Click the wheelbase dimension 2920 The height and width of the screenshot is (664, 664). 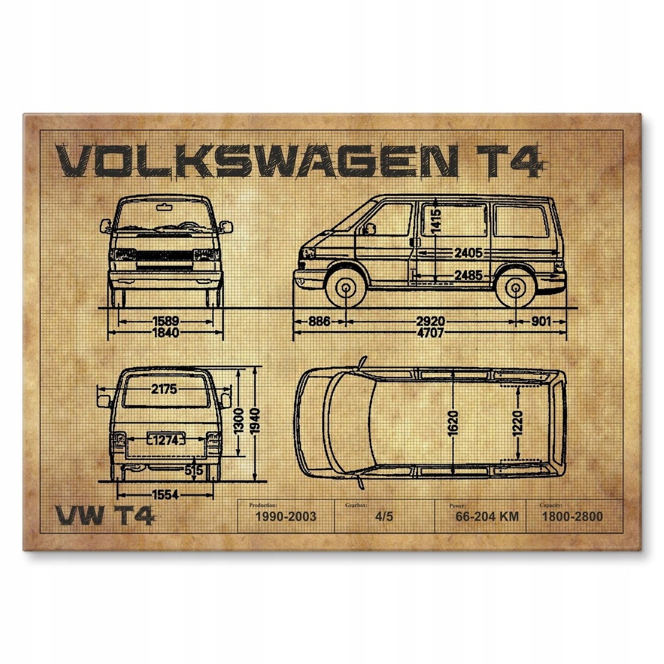pos(431,321)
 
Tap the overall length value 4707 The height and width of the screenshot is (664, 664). pos(430,333)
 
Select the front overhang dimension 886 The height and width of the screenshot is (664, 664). pos(318,321)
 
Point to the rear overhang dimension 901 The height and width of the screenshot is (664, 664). pos(542,321)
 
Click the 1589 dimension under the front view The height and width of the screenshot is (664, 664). pos(165,321)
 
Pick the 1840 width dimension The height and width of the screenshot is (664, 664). pos(165,333)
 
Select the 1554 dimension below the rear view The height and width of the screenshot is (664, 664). pos(165,495)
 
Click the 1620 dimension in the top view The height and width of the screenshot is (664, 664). pos(453,423)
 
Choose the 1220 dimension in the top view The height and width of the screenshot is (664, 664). pos(517,423)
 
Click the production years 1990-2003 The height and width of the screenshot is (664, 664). pos(285,517)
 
